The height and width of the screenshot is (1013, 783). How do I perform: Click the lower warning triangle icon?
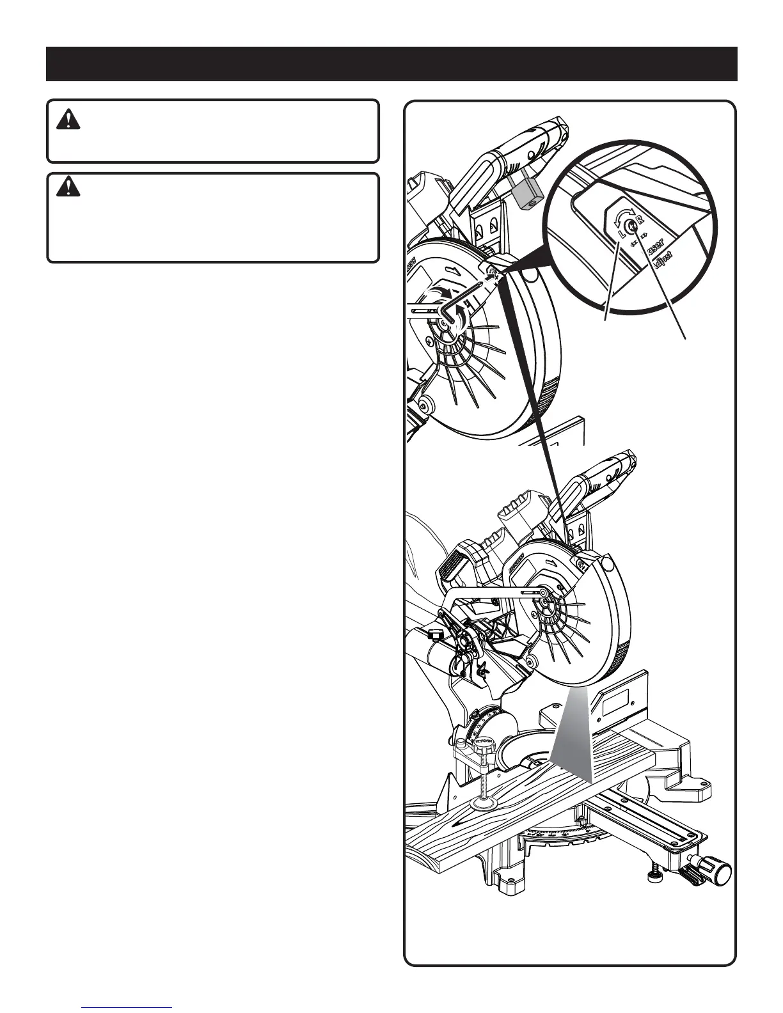coord(65,187)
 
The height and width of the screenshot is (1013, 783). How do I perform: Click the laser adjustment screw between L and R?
coord(632,224)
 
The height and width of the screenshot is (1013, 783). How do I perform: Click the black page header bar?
coord(391,63)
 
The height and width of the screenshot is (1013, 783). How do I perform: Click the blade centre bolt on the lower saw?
coord(543,594)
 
